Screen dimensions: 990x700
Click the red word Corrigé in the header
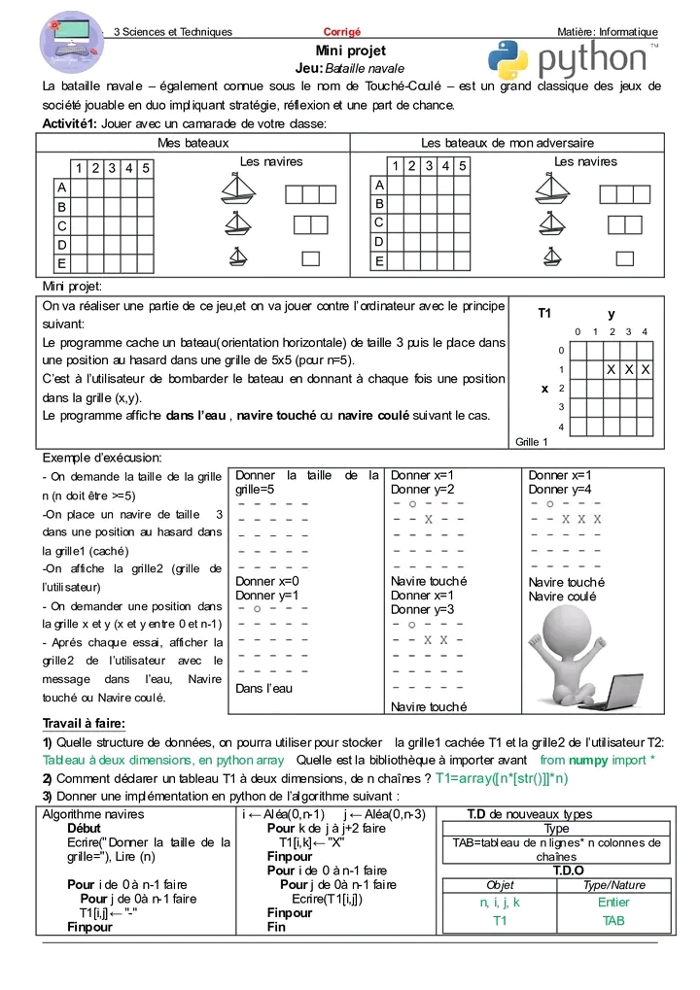pyautogui.click(x=341, y=32)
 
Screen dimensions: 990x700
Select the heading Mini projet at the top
pyautogui.click(x=350, y=51)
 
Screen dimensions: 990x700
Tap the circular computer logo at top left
pyautogui.click(x=71, y=44)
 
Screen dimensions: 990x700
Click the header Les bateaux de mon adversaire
pyautogui.click(x=507, y=143)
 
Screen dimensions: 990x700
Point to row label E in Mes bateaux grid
pyautogui.click(x=62, y=263)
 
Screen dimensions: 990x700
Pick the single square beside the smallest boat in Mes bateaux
pyautogui.click(x=310, y=258)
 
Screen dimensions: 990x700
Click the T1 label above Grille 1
pyautogui.click(x=544, y=314)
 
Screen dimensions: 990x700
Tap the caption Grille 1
pyautogui.click(x=532, y=442)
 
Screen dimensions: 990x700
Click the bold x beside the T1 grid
pyautogui.click(x=544, y=388)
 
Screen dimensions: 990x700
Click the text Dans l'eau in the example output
pyautogui.click(x=263, y=688)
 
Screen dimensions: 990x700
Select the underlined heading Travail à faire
pyautogui.click(x=84, y=723)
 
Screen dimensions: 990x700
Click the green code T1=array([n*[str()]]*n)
pyautogui.click(x=502, y=778)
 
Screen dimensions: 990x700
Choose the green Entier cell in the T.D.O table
pyautogui.click(x=613, y=902)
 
